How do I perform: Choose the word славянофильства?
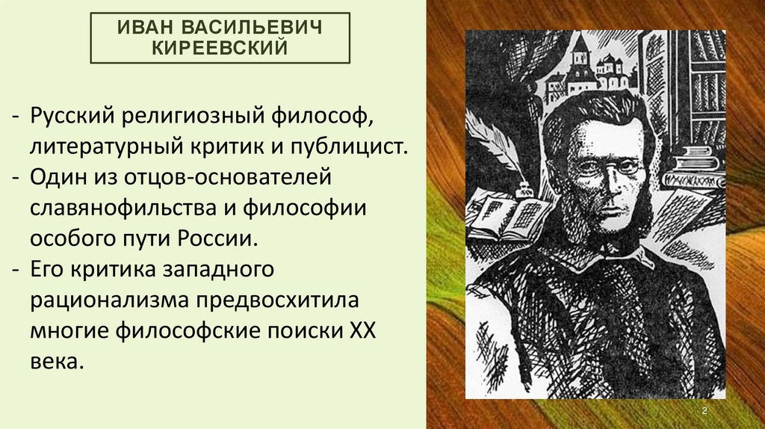122,208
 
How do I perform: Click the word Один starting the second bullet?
57,176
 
